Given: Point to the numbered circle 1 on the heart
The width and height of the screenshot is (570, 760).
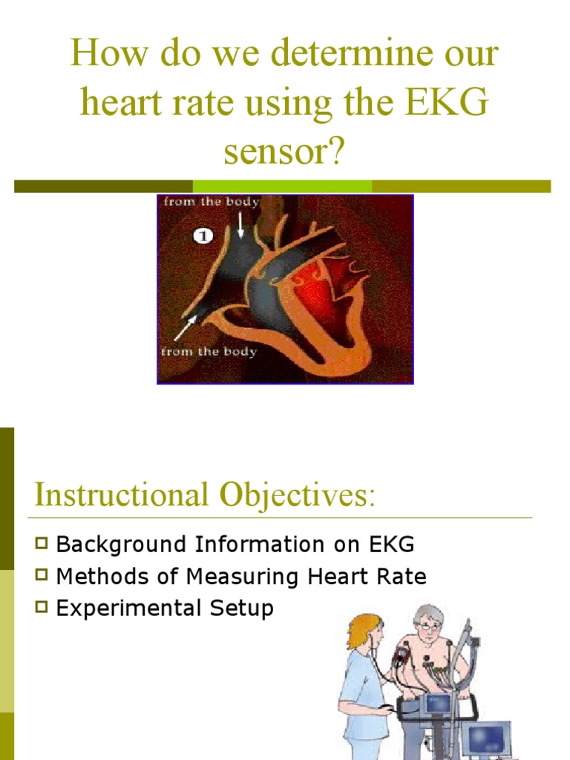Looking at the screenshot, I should point(203,236).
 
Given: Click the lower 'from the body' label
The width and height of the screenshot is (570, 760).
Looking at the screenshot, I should point(209,351).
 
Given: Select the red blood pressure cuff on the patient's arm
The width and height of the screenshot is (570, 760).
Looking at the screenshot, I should point(403,658).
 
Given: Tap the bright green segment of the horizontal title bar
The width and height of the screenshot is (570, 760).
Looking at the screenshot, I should point(282,186).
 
